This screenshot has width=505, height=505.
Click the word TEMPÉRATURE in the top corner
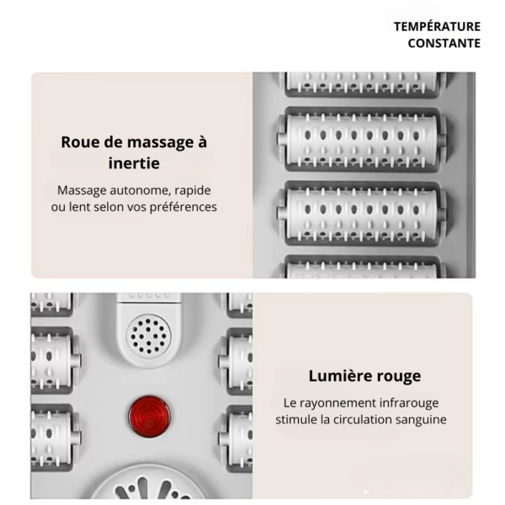pos(437,26)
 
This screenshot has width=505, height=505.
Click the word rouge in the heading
pos(398,376)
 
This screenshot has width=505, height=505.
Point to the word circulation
pos(358,420)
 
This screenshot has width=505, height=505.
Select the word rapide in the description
pos(191,190)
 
